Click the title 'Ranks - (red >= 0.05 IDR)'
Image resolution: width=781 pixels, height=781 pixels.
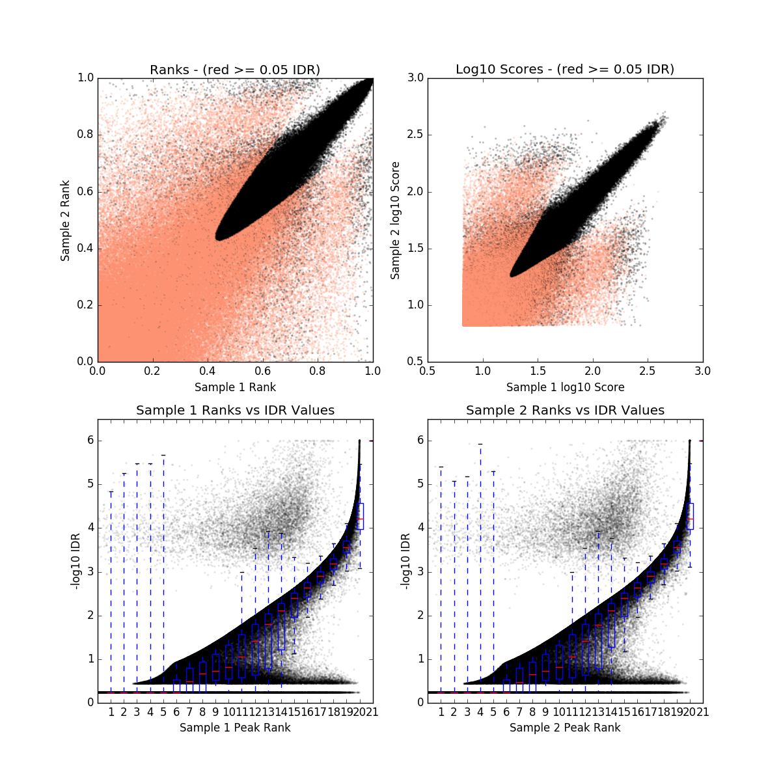[x=235, y=70]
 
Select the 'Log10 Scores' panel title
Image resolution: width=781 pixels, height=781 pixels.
[x=565, y=70]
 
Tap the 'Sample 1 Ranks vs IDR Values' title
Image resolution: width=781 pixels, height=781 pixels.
[x=235, y=411]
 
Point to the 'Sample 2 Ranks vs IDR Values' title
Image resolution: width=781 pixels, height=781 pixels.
[x=565, y=411]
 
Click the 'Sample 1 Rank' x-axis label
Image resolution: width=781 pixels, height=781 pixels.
[x=235, y=387]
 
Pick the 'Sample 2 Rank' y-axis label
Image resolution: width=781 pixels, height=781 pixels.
[x=65, y=221]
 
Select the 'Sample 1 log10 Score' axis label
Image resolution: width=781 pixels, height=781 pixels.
[x=565, y=387]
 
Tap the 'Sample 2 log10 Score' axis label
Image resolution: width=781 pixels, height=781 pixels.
[x=395, y=221]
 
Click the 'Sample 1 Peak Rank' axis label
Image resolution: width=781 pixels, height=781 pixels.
[x=235, y=728]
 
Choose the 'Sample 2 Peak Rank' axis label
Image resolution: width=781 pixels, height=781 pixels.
[x=565, y=728]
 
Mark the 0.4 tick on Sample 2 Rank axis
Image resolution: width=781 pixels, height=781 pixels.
[x=85, y=249]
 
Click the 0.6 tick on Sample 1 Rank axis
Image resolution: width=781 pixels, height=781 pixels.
[x=262, y=371]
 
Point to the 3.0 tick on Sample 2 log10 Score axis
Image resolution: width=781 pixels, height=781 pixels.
[x=415, y=78]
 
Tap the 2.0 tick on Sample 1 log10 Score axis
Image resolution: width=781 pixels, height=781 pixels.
[x=592, y=371]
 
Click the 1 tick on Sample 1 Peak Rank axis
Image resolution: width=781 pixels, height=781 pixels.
[x=111, y=712]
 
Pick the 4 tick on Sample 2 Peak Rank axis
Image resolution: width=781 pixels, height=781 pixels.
[x=480, y=712]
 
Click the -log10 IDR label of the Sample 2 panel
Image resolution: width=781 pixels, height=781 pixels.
[x=405, y=562]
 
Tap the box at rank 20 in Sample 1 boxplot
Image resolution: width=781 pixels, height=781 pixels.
[x=360, y=515]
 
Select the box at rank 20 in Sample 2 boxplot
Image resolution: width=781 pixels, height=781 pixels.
[x=690, y=515]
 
